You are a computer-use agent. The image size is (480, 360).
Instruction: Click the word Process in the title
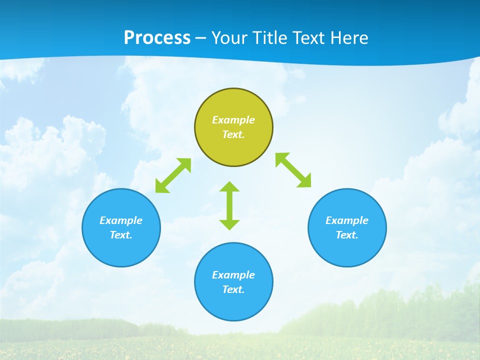coord(157,38)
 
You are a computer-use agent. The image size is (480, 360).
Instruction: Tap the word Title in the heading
coord(269,38)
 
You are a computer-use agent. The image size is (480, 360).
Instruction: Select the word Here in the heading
coord(349,38)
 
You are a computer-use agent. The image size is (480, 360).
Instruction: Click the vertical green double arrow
coord(229,206)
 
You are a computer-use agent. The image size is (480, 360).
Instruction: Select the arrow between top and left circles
coord(173,175)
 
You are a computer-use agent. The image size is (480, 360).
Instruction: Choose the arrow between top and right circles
coord(293,170)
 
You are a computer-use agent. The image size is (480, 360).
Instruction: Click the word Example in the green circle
coord(233,120)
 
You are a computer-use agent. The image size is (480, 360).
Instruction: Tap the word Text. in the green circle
coord(233,134)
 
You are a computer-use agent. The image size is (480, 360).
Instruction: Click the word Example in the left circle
coord(121,220)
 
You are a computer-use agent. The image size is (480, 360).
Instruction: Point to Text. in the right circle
coord(347,235)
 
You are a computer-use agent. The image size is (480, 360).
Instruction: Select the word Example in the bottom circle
coord(233,275)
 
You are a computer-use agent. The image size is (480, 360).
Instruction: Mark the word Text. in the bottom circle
coord(233,289)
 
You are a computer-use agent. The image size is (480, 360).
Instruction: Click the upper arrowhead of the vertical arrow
coord(229,187)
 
